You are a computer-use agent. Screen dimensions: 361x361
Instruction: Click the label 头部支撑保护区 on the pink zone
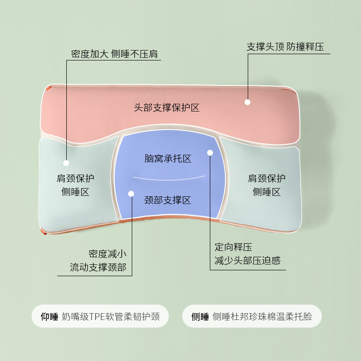167,108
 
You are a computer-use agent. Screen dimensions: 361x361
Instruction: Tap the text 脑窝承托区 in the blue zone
168,158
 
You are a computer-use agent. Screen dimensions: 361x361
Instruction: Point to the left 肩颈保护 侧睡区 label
75,185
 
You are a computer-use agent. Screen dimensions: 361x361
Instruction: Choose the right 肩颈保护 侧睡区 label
267,185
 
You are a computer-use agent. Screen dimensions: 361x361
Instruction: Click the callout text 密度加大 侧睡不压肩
115,54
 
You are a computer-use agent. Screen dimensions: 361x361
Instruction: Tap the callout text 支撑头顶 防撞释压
285,47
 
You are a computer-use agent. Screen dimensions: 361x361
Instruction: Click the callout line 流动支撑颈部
98,267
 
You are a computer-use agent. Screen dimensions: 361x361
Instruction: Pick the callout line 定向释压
233,247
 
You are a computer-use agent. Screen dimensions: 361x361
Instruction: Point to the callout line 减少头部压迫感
247,261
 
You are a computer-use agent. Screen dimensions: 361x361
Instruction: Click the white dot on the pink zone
247,102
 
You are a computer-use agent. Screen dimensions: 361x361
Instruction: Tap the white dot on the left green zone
66,163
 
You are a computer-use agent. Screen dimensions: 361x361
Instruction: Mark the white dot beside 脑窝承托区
210,153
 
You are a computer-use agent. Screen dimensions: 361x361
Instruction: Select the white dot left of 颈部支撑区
131,194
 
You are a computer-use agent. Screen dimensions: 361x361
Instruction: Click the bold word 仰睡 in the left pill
50,316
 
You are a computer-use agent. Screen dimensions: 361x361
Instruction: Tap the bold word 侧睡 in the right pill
200,316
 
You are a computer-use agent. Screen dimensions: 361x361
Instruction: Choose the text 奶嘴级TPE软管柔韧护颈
111,316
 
